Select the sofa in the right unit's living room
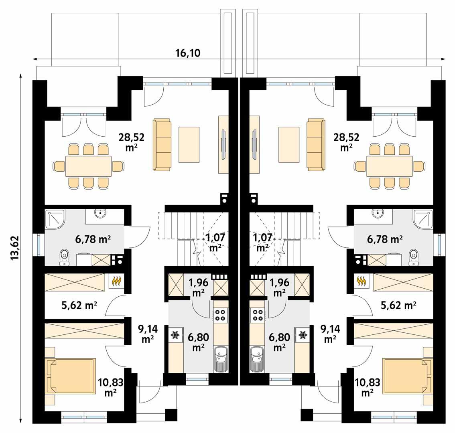coord(315,143)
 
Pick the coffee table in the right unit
coord(288,144)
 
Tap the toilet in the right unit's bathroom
coord(413,257)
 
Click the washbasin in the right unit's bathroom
coord(377,214)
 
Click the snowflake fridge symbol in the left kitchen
coord(175,335)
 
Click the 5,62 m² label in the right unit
coord(397,306)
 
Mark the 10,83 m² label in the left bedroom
coord(110,386)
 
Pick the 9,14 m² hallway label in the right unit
coord(330,334)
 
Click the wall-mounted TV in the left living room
coord(224,144)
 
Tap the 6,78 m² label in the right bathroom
coord(385,240)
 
